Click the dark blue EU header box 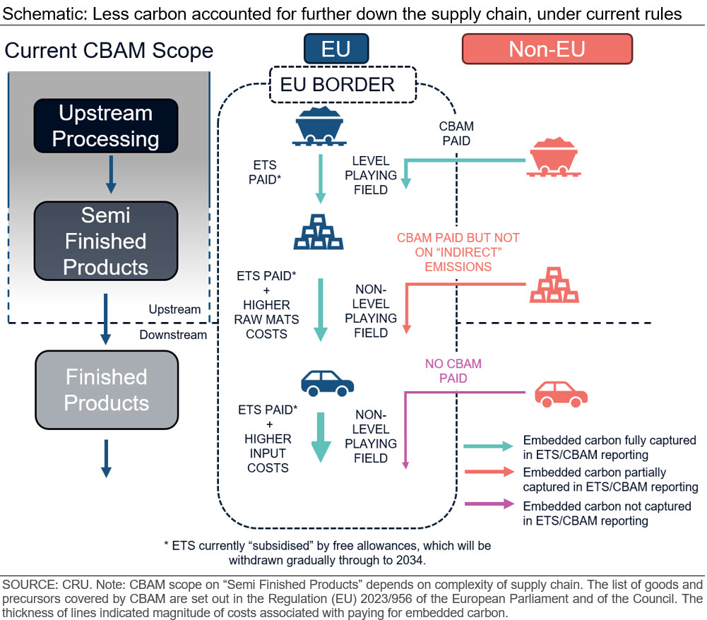pyautogui.click(x=335, y=49)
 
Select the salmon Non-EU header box pyautogui.click(x=547, y=49)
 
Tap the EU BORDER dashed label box pyautogui.click(x=338, y=85)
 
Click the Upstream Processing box pyautogui.click(x=105, y=126)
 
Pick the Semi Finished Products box pyautogui.click(x=105, y=241)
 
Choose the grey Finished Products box pyautogui.click(x=106, y=390)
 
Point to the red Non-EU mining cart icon pyautogui.click(x=555, y=157)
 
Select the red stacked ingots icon pyautogui.click(x=554, y=285)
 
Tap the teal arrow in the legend pyautogui.click(x=487, y=446)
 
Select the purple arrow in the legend pyautogui.click(x=487, y=503)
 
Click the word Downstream pyautogui.click(x=173, y=335)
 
